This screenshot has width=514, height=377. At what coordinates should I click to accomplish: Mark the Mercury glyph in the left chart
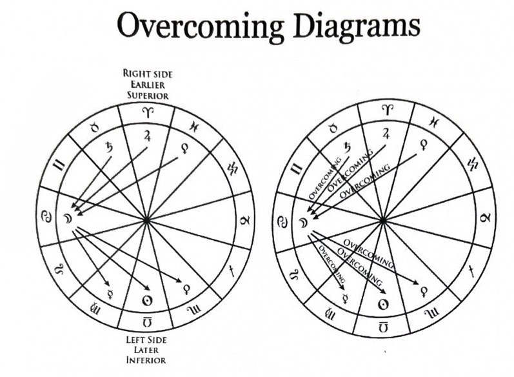(108, 283)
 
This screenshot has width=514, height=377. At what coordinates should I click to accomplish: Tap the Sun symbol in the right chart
(382, 303)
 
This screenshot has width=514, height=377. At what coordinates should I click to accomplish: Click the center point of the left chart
(147, 220)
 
